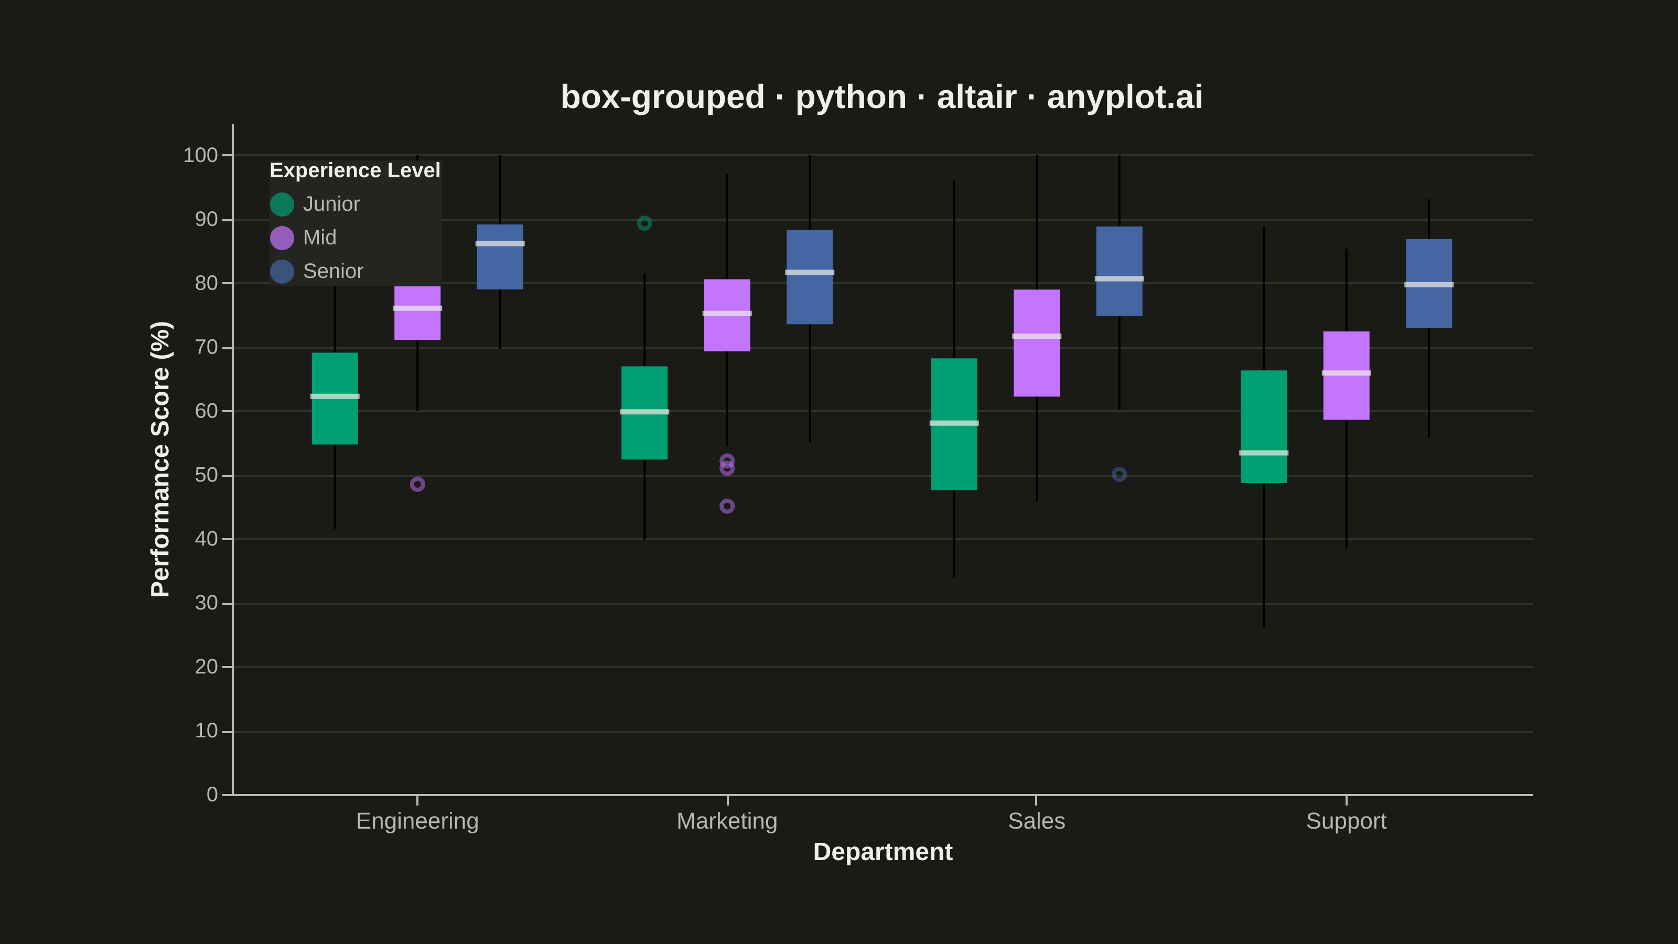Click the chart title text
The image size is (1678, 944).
point(881,97)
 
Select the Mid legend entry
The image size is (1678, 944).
point(304,238)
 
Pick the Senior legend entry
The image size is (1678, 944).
point(317,272)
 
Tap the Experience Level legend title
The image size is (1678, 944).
point(355,170)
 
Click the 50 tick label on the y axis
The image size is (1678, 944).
point(207,475)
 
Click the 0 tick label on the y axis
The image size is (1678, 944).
point(212,794)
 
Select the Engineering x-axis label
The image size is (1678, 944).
point(417,821)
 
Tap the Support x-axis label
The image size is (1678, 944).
point(1346,821)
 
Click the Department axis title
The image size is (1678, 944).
point(883,852)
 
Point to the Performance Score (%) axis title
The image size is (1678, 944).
point(160,459)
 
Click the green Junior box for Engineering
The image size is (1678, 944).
point(335,399)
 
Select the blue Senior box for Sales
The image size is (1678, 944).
point(1119,271)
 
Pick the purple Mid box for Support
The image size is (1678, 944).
point(1347,376)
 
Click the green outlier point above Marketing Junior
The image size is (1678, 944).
point(644,223)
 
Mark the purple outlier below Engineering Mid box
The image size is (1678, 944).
point(417,484)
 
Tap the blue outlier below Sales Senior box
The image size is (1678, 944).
point(1119,474)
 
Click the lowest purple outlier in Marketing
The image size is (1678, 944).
point(727,506)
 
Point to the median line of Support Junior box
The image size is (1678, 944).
point(1264,453)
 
